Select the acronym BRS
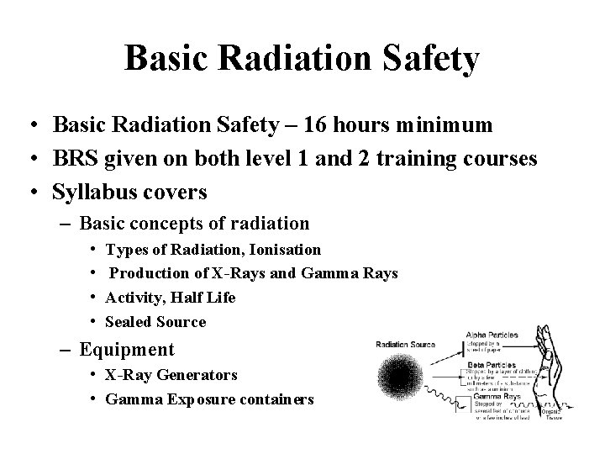[76, 159]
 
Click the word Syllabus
[93, 193]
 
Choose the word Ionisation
[280, 249]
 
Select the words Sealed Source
[155, 322]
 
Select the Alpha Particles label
[492, 335]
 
